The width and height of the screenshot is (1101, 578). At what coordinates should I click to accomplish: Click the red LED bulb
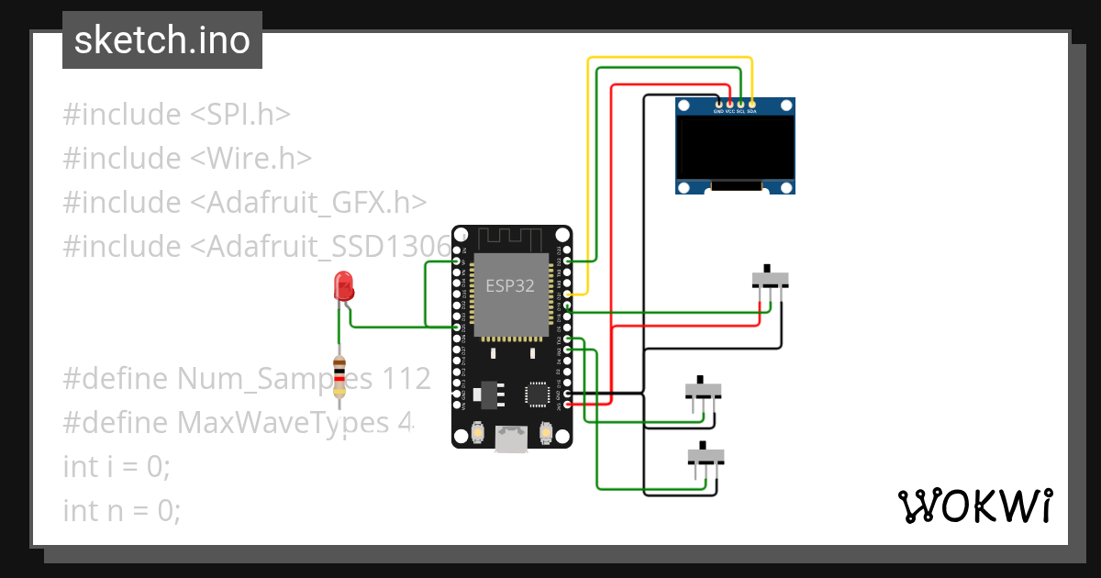[x=344, y=286]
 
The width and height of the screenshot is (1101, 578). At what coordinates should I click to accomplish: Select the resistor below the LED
[x=340, y=378]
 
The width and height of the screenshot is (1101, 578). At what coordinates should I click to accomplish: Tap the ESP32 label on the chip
[x=510, y=285]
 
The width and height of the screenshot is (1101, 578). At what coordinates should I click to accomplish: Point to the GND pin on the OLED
[x=718, y=104]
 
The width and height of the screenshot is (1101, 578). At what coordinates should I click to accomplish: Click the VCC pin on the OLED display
[x=729, y=104]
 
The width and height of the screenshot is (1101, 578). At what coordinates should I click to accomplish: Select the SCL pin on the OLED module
[x=740, y=104]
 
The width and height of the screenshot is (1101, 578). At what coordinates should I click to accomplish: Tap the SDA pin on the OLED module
[x=751, y=104]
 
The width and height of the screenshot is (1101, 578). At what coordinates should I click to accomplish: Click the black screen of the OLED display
[x=735, y=147]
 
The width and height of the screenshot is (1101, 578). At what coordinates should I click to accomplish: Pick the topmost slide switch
[x=770, y=279]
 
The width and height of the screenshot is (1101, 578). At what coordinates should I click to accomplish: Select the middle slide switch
[x=704, y=391]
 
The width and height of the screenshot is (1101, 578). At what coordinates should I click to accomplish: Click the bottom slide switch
[x=706, y=456]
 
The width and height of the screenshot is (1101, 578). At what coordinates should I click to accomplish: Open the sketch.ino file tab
[x=162, y=41]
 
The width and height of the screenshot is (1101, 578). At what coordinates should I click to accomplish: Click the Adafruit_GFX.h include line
[x=245, y=203]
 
